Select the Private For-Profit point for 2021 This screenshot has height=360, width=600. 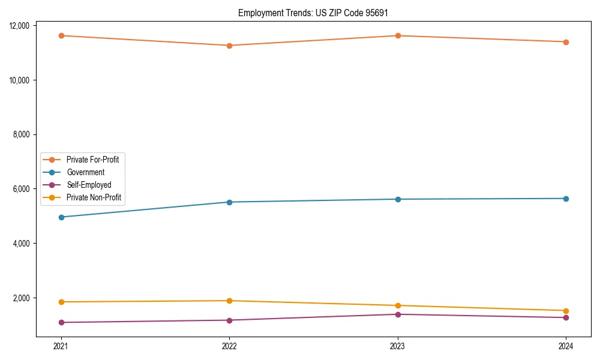61,35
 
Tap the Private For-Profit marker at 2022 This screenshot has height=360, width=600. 229,46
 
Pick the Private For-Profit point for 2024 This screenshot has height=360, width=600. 566,42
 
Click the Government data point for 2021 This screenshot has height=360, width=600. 61,217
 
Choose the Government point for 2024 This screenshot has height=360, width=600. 566,199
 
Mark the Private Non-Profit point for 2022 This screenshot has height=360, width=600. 229,301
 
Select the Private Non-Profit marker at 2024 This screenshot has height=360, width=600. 566,311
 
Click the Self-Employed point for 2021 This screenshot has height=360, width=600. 61,322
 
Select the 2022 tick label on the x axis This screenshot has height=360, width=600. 229,346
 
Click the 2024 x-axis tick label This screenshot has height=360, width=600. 566,346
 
